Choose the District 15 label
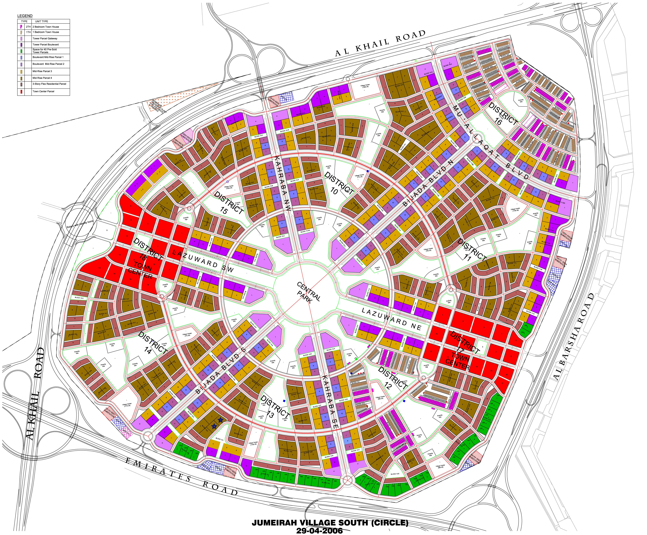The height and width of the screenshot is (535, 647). point(228,203)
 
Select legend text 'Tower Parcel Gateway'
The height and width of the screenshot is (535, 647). point(45,39)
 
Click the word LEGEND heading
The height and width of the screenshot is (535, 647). point(25,16)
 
